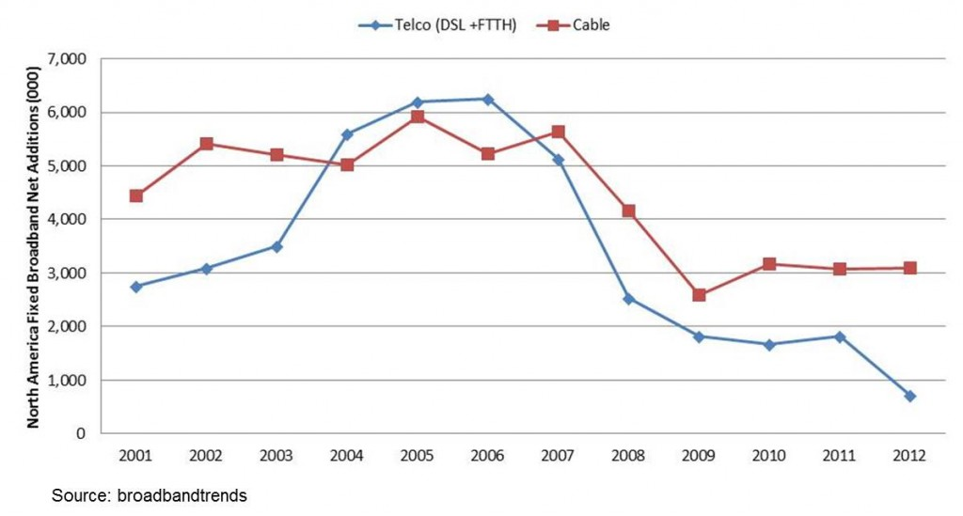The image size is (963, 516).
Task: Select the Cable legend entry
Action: [x=591, y=25]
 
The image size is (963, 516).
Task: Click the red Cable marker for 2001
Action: [x=136, y=195]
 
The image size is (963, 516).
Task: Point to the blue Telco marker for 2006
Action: [x=488, y=99]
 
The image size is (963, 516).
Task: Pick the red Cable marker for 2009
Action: [x=700, y=295]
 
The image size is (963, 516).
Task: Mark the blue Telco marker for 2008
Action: [x=629, y=299]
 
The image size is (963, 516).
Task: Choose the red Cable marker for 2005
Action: [x=418, y=117]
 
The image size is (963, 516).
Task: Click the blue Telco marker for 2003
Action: [x=276, y=246]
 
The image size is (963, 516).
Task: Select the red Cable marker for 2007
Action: [x=559, y=133]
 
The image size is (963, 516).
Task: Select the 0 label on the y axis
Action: [x=80, y=434]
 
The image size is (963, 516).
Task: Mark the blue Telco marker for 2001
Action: [x=136, y=287]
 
